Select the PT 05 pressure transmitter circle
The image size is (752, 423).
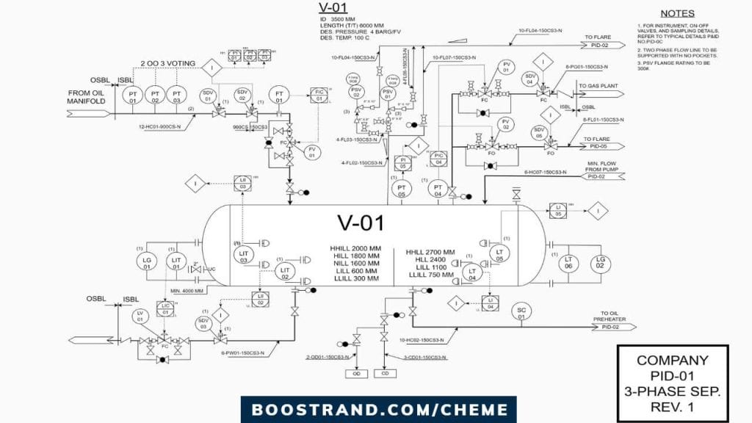(x=402, y=189)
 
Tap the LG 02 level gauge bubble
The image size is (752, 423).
(x=601, y=262)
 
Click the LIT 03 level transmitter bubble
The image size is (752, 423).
(x=244, y=256)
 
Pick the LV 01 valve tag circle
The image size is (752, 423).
(x=140, y=317)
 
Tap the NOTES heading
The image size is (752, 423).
(x=677, y=13)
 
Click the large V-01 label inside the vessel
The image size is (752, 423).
(x=360, y=223)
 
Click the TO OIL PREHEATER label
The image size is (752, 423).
(x=609, y=316)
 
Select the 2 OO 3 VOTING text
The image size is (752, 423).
(x=168, y=64)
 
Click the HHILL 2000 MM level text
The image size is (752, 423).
(x=355, y=247)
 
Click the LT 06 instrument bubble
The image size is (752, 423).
(x=568, y=262)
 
